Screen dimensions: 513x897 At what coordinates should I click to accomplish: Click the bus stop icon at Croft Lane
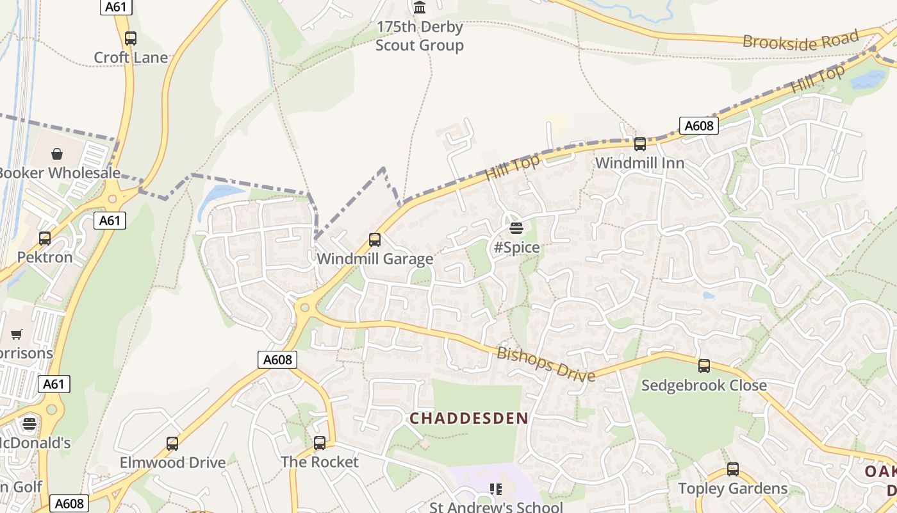(x=131, y=38)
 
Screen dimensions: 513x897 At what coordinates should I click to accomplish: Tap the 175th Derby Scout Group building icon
(x=420, y=8)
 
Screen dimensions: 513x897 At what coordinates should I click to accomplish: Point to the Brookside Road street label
(x=800, y=41)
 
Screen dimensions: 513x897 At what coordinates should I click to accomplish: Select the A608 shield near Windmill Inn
(x=698, y=126)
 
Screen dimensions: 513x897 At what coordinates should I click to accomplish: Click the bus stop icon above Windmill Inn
(x=639, y=144)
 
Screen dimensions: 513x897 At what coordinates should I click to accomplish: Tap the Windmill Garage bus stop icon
(x=375, y=240)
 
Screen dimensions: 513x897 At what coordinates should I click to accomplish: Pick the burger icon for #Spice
(x=516, y=228)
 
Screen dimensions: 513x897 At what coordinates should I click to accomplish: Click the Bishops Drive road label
(x=546, y=364)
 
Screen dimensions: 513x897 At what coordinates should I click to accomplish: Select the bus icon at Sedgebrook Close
(x=704, y=366)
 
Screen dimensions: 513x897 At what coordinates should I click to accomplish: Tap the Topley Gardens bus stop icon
(x=732, y=469)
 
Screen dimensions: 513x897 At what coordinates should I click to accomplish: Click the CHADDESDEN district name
(x=469, y=419)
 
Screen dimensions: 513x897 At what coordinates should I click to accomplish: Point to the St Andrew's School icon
(x=495, y=489)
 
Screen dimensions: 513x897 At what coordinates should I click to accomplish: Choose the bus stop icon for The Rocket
(x=319, y=442)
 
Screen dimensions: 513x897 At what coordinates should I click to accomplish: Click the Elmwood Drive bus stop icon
(x=172, y=444)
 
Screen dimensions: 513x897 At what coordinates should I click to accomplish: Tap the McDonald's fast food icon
(x=29, y=423)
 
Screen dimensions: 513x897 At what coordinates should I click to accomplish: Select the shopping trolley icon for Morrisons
(x=16, y=334)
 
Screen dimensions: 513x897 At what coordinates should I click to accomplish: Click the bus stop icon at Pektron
(x=45, y=239)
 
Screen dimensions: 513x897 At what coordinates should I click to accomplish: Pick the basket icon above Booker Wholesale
(x=57, y=154)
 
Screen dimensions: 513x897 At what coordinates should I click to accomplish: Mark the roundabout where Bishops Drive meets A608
(x=304, y=308)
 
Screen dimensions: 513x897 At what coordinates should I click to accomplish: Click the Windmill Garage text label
(x=375, y=259)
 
